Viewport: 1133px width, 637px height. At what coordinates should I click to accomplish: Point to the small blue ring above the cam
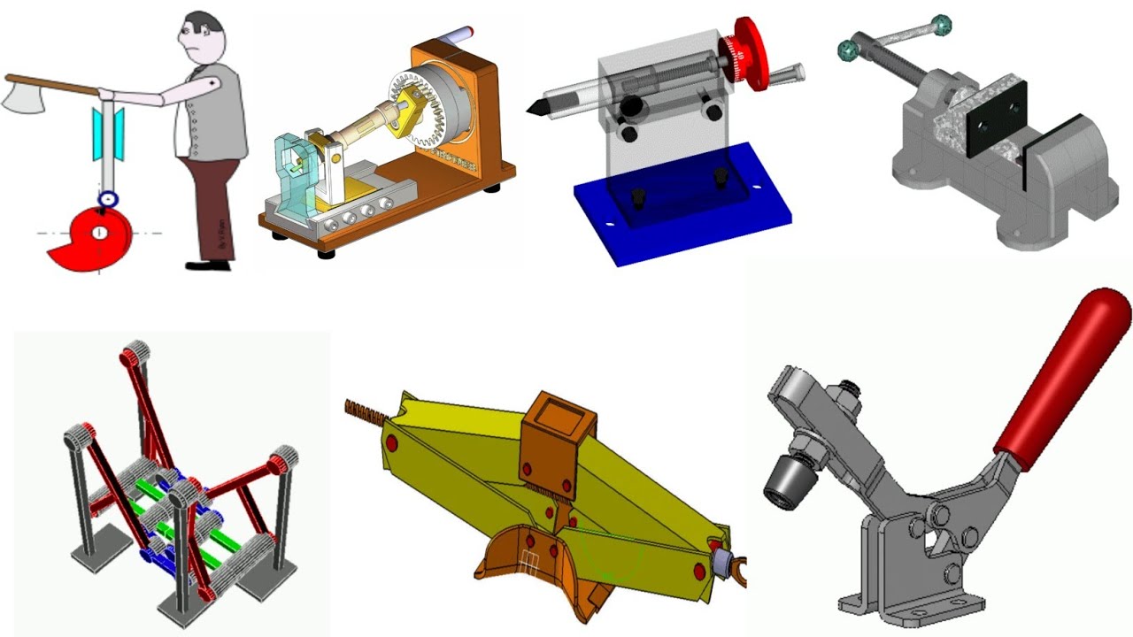click(108, 199)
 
